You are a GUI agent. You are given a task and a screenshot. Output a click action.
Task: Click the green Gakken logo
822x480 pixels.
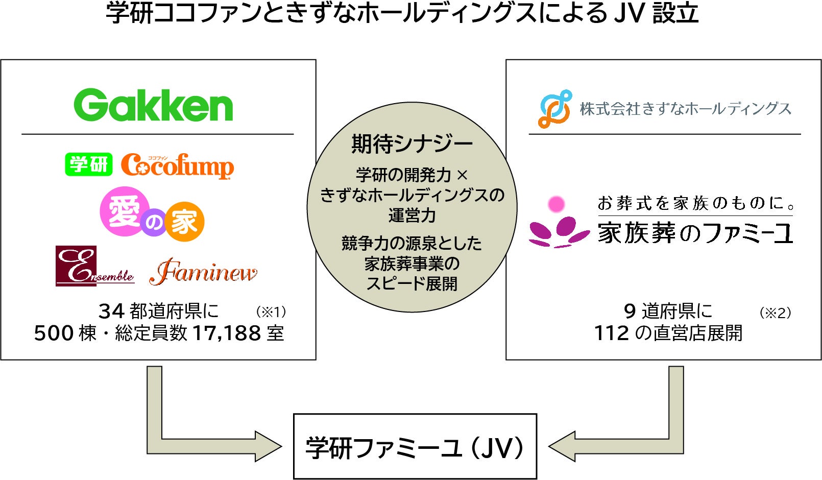(x=153, y=105)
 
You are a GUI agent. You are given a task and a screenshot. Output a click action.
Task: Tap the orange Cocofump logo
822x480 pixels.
(x=177, y=166)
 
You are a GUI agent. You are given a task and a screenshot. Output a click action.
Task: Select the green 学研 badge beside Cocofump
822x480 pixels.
(x=88, y=164)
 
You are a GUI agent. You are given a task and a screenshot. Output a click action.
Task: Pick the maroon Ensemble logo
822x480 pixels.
(x=95, y=266)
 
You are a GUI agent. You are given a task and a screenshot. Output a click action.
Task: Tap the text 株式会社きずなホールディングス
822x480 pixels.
(x=685, y=109)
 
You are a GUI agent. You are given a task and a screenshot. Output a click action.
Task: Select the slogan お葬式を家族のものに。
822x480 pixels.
(x=696, y=203)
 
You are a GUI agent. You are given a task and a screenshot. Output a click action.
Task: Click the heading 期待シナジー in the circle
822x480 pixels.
(x=412, y=144)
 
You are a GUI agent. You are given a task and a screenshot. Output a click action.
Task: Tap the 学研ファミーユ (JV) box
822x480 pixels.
(x=415, y=447)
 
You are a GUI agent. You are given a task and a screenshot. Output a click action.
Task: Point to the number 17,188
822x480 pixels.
(x=227, y=333)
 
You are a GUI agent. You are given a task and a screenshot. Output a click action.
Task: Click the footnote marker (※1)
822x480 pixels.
(x=271, y=311)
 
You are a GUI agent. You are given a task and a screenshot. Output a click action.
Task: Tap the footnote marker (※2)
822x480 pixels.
(x=775, y=313)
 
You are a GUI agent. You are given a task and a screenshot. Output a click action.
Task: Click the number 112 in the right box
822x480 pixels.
(x=612, y=333)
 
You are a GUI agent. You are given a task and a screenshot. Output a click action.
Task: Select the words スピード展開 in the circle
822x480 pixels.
(x=412, y=284)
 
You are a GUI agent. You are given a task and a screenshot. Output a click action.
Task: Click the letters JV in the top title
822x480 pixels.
(x=630, y=13)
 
